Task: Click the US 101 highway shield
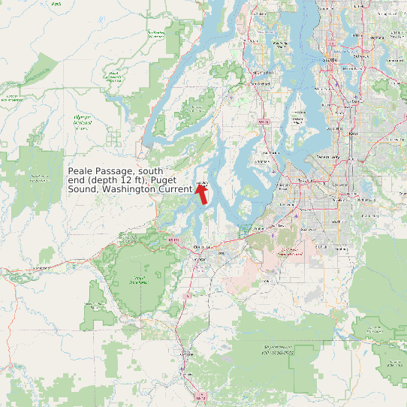[175, 240]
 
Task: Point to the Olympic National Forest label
[82, 120]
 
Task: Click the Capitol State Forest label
[137, 282]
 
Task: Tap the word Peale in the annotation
[83, 172]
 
